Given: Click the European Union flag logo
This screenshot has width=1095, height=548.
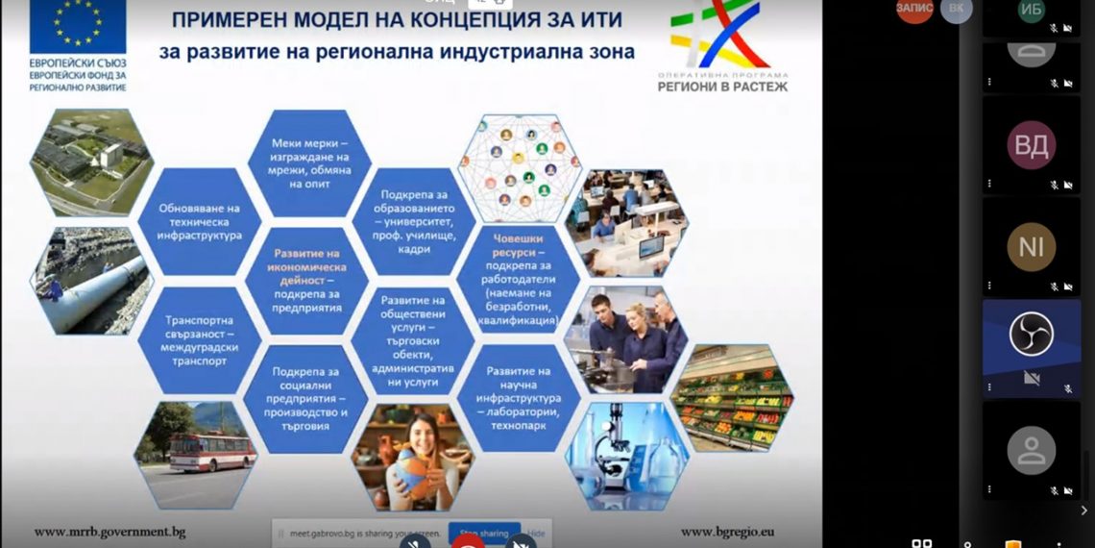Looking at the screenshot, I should click(77, 27).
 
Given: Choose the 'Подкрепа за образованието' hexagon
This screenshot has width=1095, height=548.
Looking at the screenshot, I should click(416, 221).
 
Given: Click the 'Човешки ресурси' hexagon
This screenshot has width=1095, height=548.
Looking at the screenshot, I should click(523, 279).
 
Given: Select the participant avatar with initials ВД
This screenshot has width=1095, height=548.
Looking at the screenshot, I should click(1031, 145).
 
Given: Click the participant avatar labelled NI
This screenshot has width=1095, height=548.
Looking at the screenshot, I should click(1031, 247).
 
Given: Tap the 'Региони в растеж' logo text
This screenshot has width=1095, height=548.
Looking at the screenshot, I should click(722, 87).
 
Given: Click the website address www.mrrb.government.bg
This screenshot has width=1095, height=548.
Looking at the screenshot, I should click(109, 532).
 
